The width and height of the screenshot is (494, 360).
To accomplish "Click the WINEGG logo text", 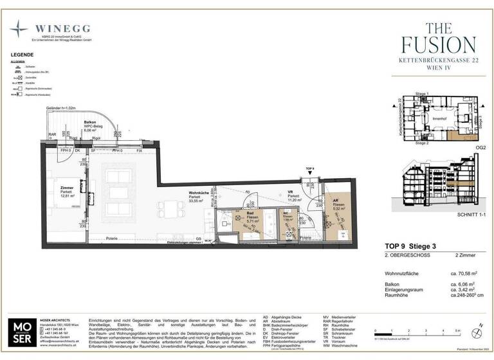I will (x=64, y=28).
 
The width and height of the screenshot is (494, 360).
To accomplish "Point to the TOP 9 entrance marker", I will (x=309, y=169).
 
